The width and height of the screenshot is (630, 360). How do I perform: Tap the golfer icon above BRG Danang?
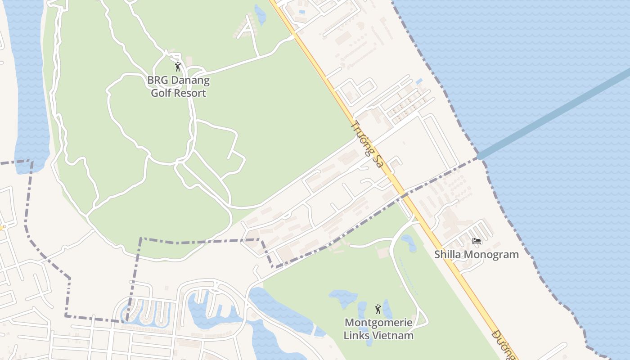click(x=178, y=67)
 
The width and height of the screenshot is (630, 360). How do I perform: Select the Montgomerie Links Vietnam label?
click(x=378, y=329)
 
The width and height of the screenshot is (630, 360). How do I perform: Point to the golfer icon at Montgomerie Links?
click(x=378, y=309)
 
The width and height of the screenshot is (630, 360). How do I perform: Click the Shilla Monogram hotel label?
click(x=476, y=255)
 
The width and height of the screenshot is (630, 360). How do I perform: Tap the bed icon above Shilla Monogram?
click(x=477, y=241)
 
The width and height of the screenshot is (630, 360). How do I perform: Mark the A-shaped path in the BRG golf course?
click(x=248, y=29)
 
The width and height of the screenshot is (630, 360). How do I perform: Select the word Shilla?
click(x=448, y=255)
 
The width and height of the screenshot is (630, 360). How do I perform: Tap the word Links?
click(x=357, y=336)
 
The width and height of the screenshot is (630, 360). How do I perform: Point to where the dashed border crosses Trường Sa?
click(x=405, y=195)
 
